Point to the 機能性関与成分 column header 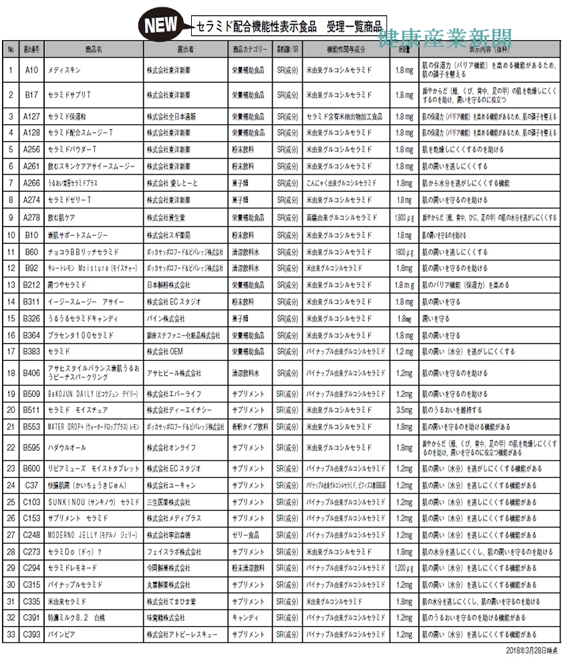click(x=345, y=49)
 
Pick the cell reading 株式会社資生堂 click(x=168, y=218)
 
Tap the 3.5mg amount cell click(x=404, y=410)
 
